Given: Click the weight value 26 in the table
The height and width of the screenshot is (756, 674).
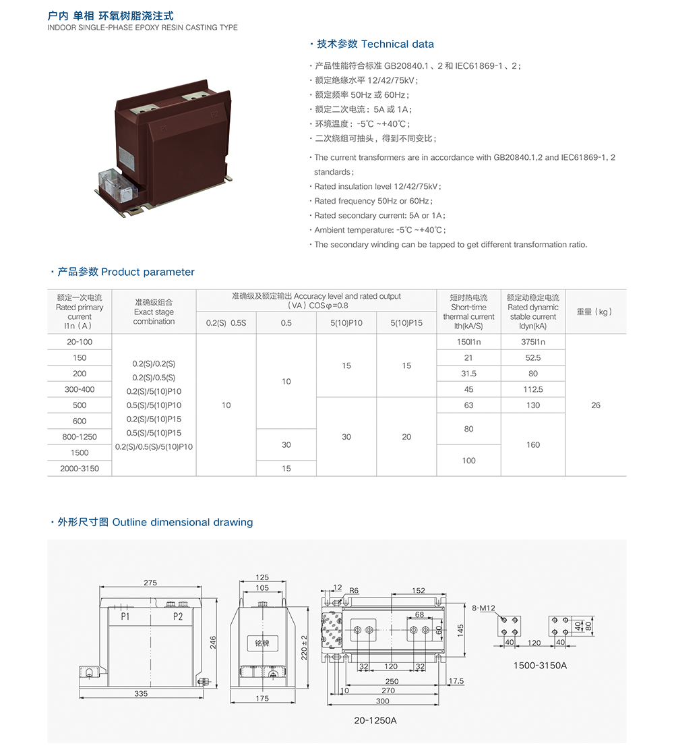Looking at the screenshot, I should pyautogui.click(x=595, y=405).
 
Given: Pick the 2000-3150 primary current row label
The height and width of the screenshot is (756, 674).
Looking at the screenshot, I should pyautogui.click(x=80, y=469).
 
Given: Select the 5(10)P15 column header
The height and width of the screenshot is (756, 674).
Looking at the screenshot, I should pyautogui.click(x=406, y=323).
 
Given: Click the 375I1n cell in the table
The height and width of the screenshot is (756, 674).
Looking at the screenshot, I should pyautogui.click(x=533, y=342).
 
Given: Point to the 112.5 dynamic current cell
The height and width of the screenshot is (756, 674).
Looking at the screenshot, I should pyautogui.click(x=533, y=390).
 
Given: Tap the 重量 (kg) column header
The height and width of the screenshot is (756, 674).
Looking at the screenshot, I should pyautogui.click(x=595, y=312).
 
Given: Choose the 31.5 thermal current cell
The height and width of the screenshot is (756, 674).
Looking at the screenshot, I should pyautogui.click(x=468, y=374).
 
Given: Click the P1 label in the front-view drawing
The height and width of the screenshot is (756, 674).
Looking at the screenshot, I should pyautogui.click(x=125, y=616).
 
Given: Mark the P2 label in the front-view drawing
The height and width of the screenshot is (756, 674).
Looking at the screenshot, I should pyautogui.click(x=178, y=616).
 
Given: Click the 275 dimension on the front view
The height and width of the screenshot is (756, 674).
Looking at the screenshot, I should pyautogui.click(x=150, y=582).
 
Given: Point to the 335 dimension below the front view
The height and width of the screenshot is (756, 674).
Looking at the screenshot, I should pyautogui.click(x=141, y=693).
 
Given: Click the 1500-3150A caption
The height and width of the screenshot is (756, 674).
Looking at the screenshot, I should pyautogui.click(x=541, y=666).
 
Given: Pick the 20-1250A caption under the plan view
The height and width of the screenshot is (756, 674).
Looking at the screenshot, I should pyautogui.click(x=375, y=720).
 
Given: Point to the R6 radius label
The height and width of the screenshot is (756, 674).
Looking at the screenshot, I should pyautogui.click(x=354, y=591).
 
